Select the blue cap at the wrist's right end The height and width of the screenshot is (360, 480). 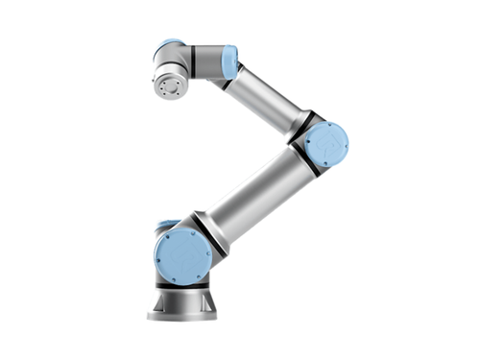pos(229,64)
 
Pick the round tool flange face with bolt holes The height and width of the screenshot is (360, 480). pos(172,86)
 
